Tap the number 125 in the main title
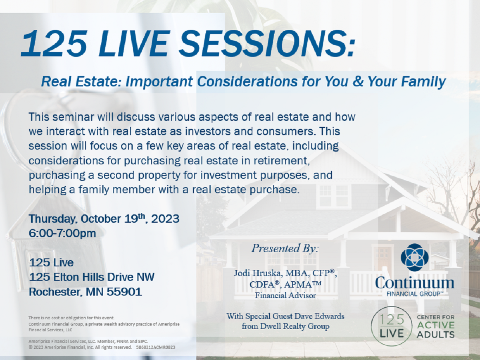point(54,43)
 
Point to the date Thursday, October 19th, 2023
point(104,219)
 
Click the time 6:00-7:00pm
point(62,234)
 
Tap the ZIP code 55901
point(124,292)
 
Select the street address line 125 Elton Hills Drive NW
point(92,277)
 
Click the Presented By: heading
point(285,249)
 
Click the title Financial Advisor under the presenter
point(285,296)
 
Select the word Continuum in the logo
point(415,283)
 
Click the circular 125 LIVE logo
point(392,326)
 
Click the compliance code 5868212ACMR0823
point(156,347)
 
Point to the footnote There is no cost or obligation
point(71,318)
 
